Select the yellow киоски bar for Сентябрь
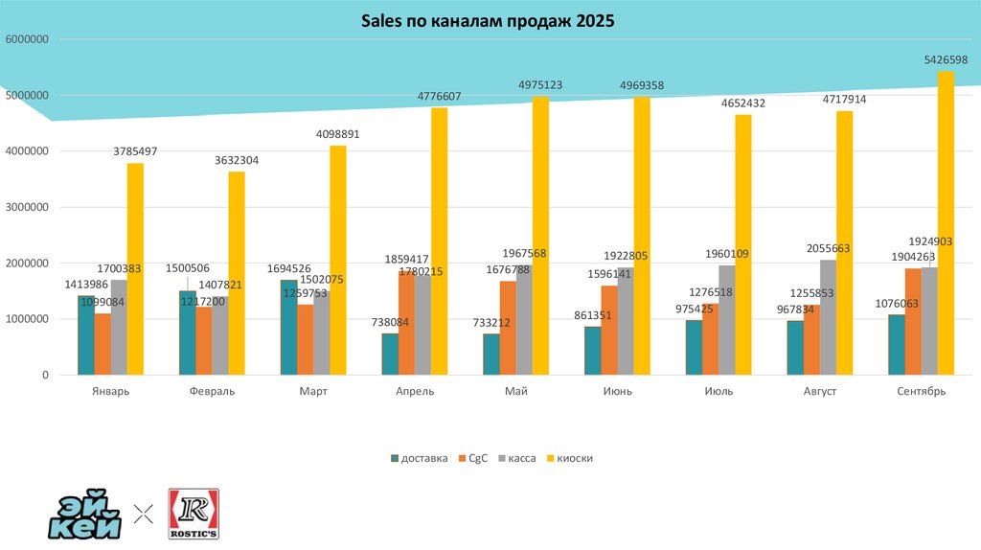point(946,222)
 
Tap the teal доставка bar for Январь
point(86,335)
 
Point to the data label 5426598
point(946,59)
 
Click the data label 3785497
point(135,151)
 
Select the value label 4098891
point(337,134)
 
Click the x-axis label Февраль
point(212,391)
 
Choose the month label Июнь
point(617,391)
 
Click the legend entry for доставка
point(420,458)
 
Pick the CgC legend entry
point(473,458)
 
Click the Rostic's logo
point(194,515)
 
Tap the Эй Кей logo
point(85,516)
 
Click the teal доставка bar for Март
point(288,327)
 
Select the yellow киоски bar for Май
point(540,235)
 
